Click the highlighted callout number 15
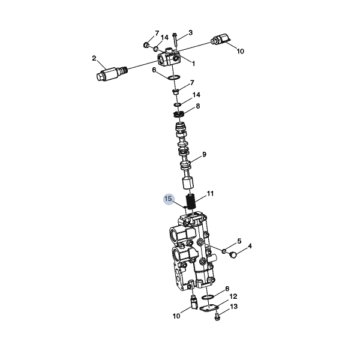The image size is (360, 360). (x=168, y=199)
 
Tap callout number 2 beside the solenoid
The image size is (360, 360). (x=94, y=58)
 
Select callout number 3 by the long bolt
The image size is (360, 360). (x=190, y=33)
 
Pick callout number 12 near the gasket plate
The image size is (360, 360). (x=233, y=296)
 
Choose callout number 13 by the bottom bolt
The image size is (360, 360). (x=234, y=307)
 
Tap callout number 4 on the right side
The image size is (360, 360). (x=250, y=246)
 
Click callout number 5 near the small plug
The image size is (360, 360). (x=239, y=241)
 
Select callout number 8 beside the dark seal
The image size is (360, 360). (x=198, y=106)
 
